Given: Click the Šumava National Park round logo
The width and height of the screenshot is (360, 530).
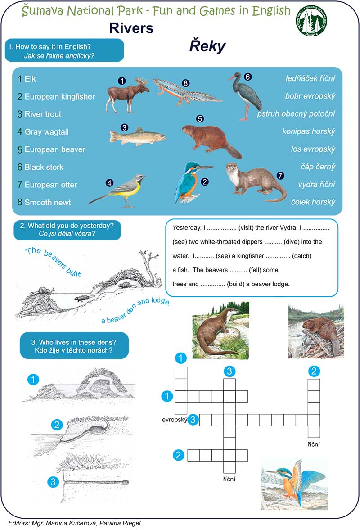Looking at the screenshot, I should point(311,21).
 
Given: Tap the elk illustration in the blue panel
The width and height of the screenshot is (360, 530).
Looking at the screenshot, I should point(122,95).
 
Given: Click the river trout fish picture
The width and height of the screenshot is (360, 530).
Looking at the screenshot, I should point(137,136).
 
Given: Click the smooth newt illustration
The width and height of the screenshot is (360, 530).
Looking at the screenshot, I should point(187,91).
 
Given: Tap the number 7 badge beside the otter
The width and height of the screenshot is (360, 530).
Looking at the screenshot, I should point(281,175).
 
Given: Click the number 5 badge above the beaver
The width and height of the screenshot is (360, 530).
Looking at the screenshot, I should point(200,119).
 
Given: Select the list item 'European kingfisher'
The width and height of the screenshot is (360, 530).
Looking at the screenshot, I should point(59,96).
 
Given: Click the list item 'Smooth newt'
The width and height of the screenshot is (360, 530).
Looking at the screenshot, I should point(48,203).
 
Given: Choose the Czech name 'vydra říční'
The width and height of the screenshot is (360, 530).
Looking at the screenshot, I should point(317,185).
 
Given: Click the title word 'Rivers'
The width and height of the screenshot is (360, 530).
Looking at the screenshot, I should point(131,28).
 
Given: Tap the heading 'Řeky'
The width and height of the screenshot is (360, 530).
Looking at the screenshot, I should point(207,46).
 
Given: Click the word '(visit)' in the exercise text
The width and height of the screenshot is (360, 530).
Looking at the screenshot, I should point(246,228).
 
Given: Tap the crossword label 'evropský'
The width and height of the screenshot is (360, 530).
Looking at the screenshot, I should point(175,420).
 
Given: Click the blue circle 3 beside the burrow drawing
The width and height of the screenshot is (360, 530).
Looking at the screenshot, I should point(53,482).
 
